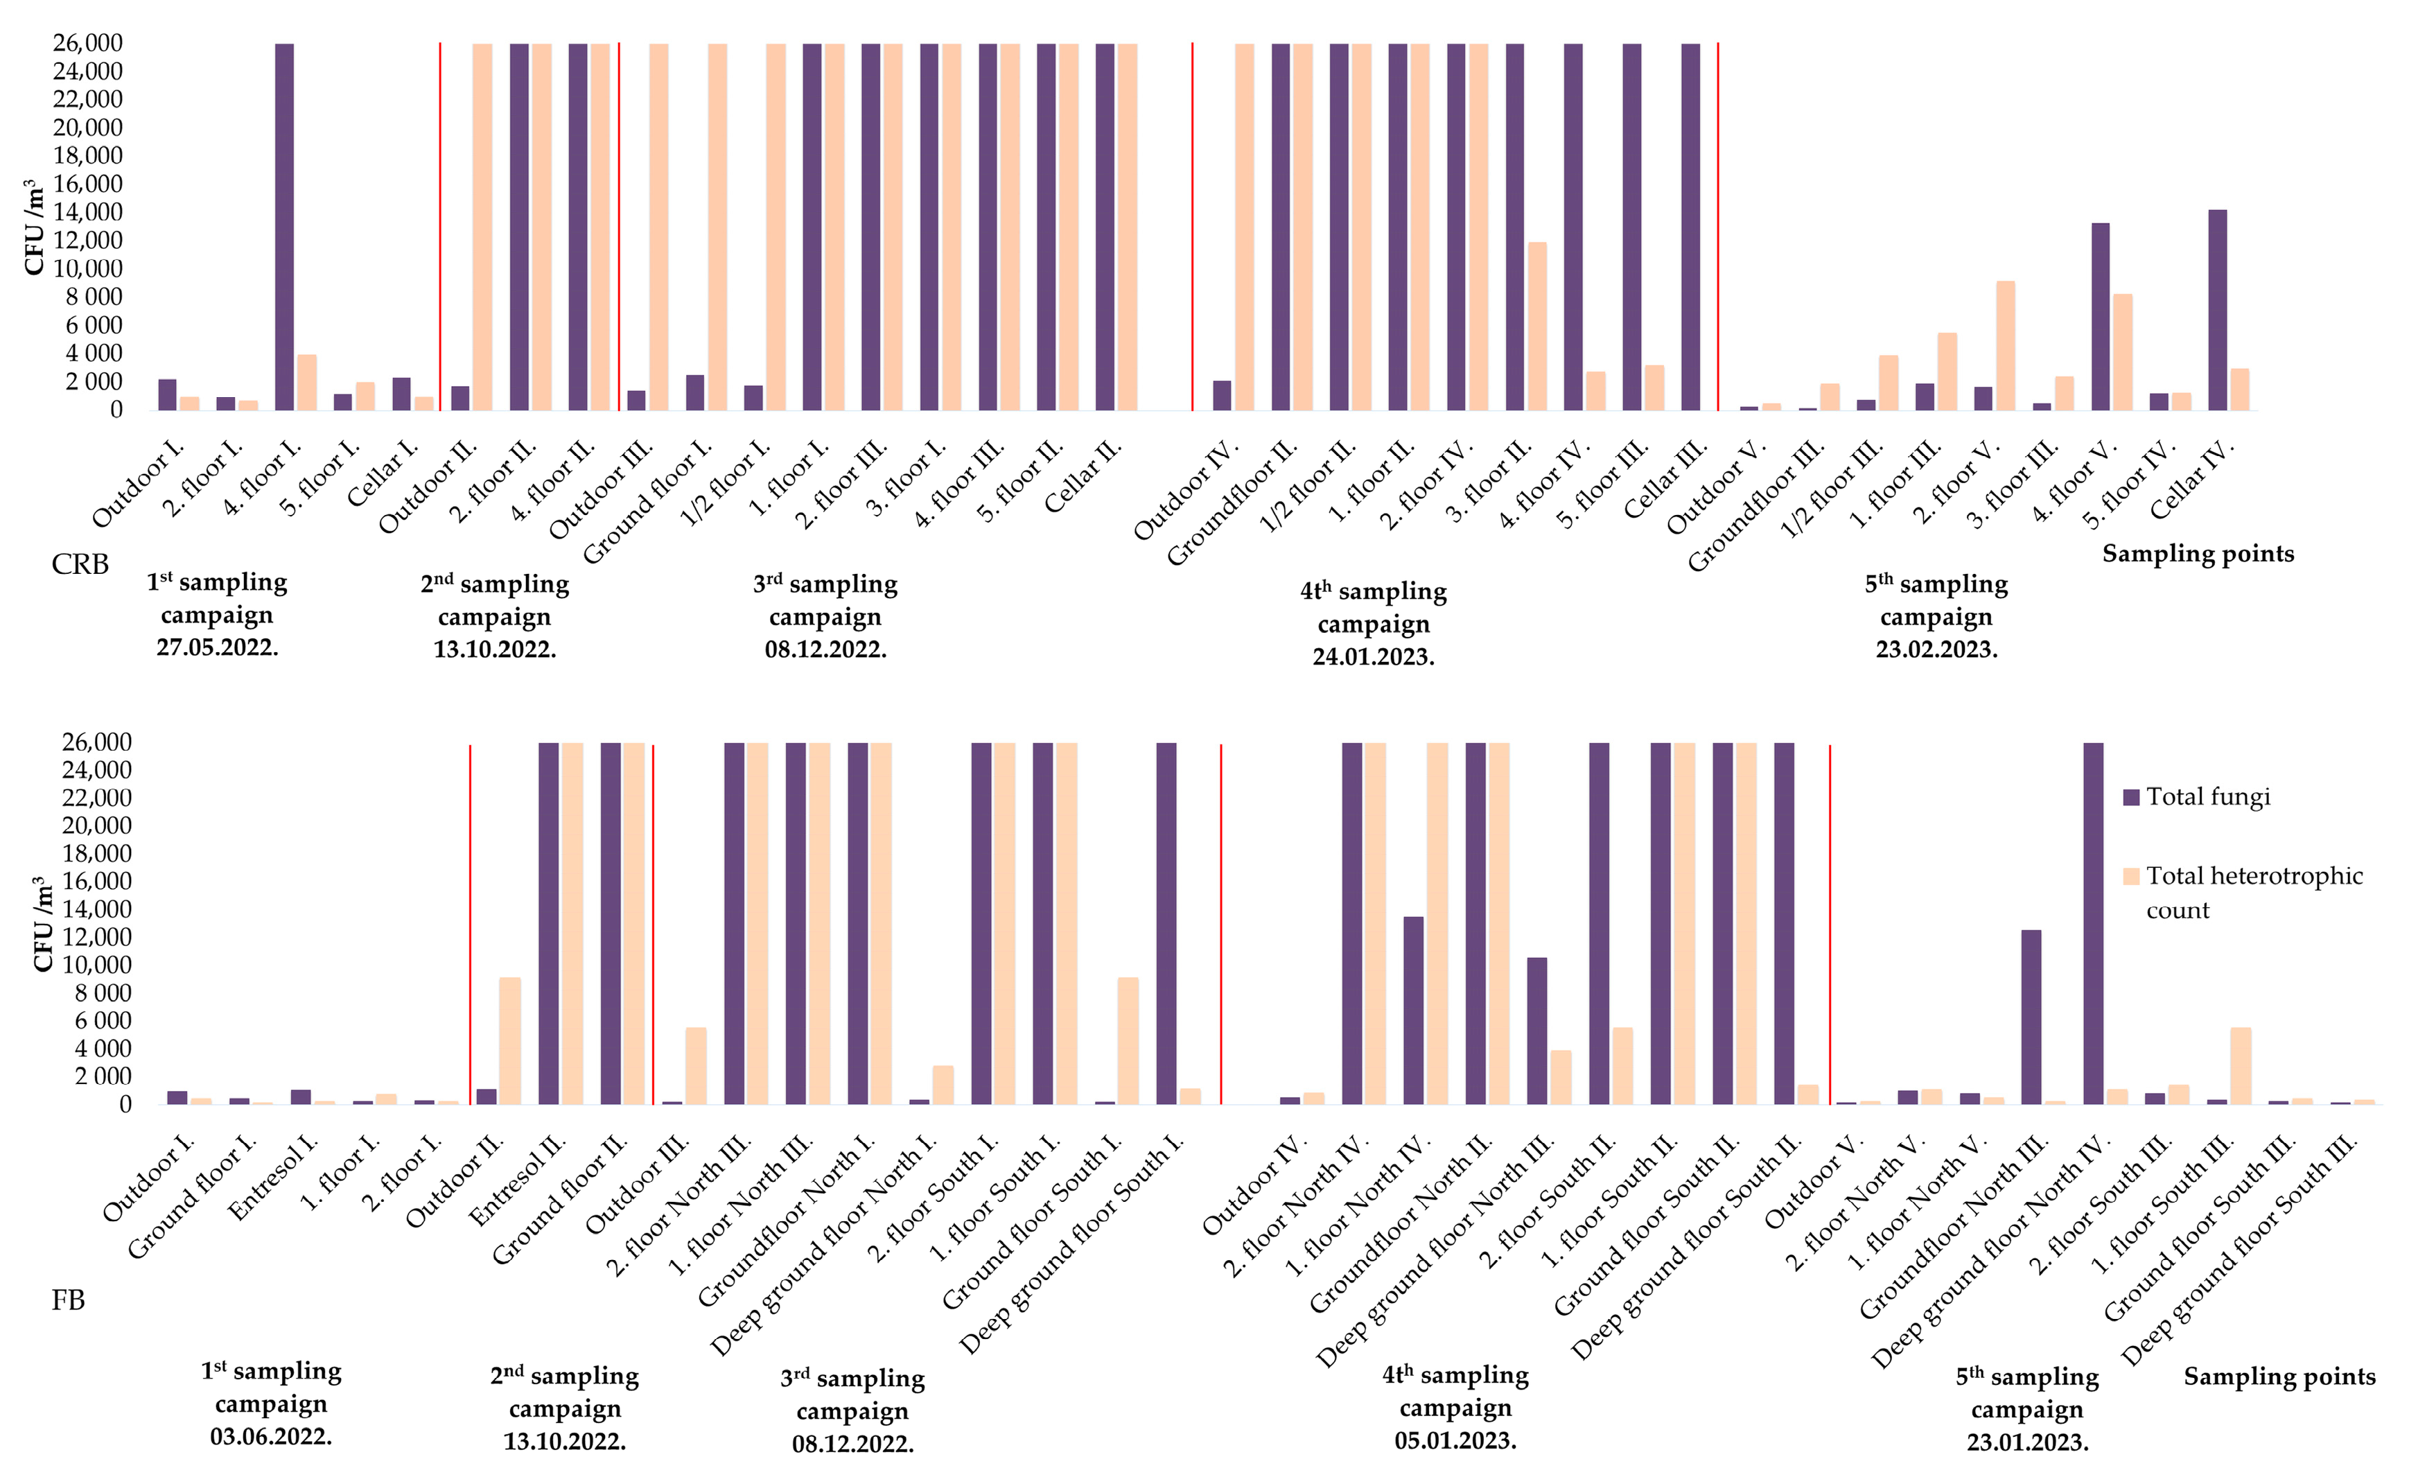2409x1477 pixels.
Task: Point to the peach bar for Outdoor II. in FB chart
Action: coord(510,1040)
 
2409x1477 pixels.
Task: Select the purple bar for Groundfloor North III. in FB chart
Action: coord(2031,1017)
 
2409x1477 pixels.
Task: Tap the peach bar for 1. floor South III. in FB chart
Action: coord(2241,1065)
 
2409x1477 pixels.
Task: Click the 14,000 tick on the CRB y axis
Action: coord(88,212)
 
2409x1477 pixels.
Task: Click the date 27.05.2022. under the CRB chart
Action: coord(217,647)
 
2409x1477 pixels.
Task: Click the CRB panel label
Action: coord(80,565)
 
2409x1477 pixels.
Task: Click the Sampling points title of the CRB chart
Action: coord(2198,553)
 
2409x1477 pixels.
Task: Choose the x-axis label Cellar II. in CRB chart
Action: coord(1083,477)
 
